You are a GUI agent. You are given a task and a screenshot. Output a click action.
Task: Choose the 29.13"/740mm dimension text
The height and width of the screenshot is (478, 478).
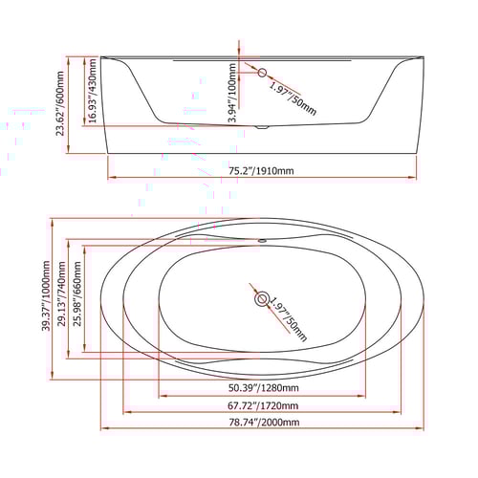pos(61,297)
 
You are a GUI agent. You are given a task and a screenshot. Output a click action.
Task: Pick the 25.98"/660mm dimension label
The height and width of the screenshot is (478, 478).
pos(77,297)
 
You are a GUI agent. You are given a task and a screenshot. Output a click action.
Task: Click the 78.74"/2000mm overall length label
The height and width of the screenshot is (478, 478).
pos(263,423)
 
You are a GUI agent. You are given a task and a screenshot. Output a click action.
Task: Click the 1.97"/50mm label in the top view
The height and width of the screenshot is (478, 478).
pos(288,320)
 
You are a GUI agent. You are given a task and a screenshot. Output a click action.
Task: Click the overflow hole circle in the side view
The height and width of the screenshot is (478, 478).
pos(260,72)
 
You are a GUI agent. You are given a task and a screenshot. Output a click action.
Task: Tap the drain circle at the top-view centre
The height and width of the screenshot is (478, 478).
pos(260,298)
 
